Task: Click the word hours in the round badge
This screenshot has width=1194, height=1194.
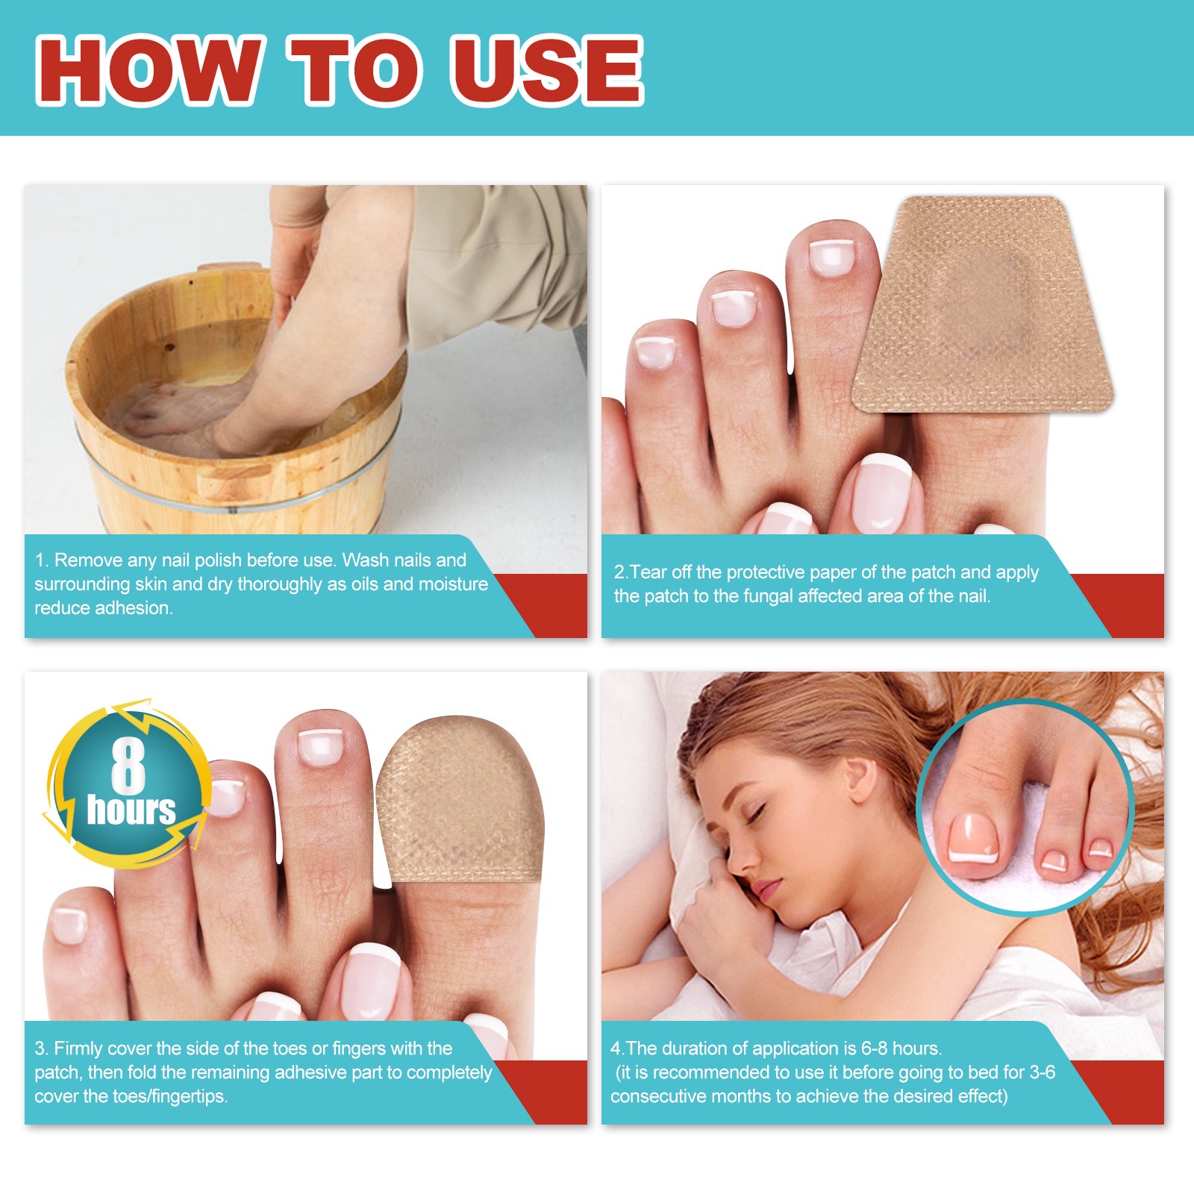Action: click(131, 810)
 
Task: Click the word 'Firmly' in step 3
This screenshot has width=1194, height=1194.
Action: click(78, 1048)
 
